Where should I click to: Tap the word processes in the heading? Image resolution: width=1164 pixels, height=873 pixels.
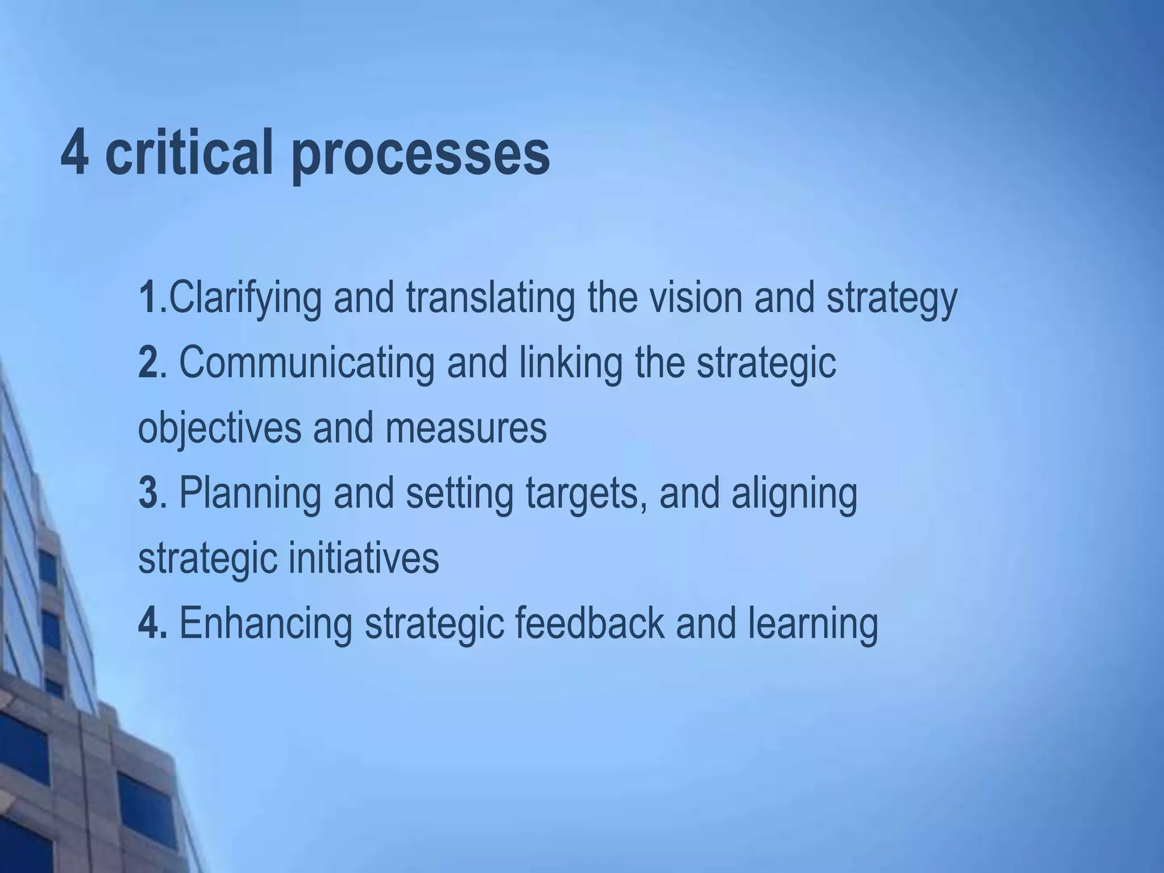pos(421,155)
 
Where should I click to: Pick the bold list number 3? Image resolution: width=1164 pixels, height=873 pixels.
pos(147,493)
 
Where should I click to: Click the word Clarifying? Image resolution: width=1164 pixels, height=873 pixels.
pos(245,299)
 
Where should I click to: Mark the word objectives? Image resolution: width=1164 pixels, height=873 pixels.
pos(219,429)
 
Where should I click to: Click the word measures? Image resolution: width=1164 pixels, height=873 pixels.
pos(466,429)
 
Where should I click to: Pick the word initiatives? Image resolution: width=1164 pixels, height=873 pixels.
pos(364,558)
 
